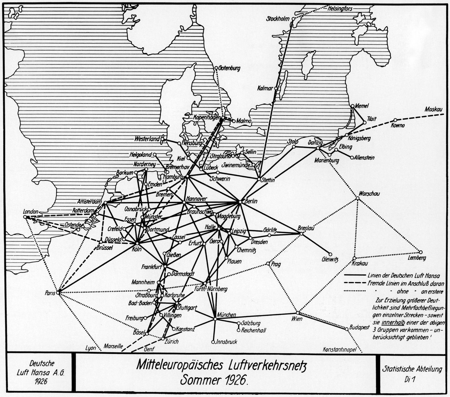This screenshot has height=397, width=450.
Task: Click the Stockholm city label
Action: tap(278, 19)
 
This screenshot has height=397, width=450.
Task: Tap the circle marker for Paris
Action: tap(58, 293)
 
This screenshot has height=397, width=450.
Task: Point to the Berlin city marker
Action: tap(240, 202)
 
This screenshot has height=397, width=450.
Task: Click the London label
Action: tap(31, 212)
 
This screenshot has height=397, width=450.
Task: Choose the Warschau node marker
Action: tap(357, 198)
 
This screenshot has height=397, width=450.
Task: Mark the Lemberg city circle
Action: tap(420, 252)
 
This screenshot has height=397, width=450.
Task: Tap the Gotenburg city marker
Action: tap(216, 68)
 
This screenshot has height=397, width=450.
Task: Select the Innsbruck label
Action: tap(227, 342)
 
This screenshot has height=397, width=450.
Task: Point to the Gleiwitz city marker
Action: tap(330, 254)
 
